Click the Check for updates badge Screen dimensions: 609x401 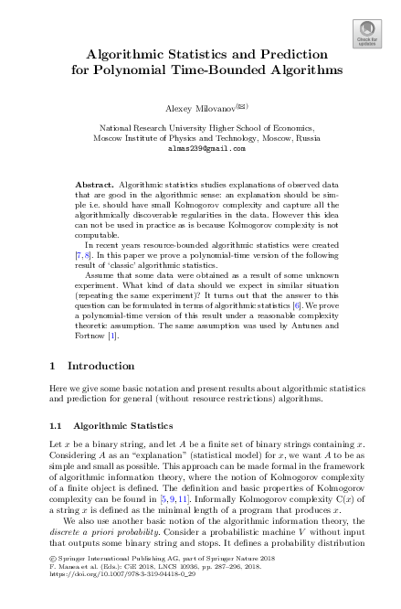coord(366,33)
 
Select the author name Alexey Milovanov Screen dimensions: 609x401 coord(195,108)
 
